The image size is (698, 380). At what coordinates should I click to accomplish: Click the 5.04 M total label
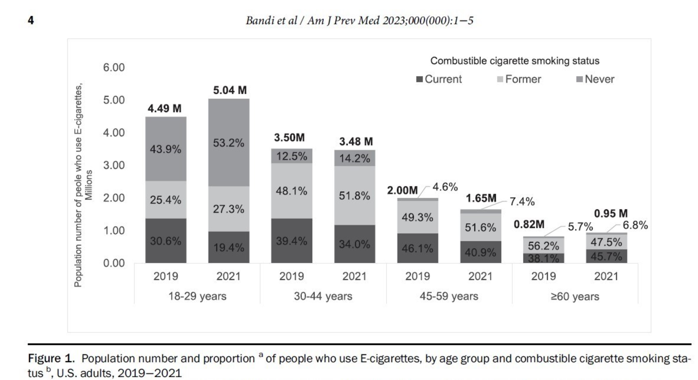pyautogui.click(x=230, y=90)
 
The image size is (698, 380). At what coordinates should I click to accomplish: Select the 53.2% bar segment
pyautogui.click(x=229, y=143)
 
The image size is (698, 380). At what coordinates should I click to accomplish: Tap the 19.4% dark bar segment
pyautogui.click(x=229, y=247)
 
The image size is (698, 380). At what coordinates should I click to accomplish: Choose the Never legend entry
pyautogui.click(x=595, y=79)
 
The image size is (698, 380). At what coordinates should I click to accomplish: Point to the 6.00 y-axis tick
pyautogui.click(x=114, y=68)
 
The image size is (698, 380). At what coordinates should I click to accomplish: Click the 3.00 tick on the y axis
pyautogui.click(x=114, y=165)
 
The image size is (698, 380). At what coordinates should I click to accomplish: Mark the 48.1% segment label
pyautogui.click(x=291, y=191)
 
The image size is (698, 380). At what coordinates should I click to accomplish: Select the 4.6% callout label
pyautogui.click(x=445, y=187)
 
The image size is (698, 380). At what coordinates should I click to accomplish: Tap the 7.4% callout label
pyautogui.click(x=522, y=202)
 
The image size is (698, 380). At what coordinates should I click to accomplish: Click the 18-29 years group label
pyautogui.click(x=197, y=296)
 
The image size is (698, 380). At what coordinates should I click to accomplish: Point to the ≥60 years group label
pyautogui.click(x=575, y=297)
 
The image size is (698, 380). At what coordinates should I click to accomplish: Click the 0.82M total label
pyautogui.click(x=529, y=225)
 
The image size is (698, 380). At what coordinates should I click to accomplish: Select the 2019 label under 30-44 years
pyautogui.click(x=291, y=276)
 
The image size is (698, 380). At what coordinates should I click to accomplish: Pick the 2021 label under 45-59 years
pyautogui.click(x=480, y=276)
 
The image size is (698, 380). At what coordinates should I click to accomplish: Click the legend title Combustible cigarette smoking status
pyautogui.click(x=515, y=61)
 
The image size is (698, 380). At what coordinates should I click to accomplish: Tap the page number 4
pyautogui.click(x=31, y=20)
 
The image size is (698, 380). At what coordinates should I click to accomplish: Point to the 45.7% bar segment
pyautogui.click(x=606, y=256)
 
